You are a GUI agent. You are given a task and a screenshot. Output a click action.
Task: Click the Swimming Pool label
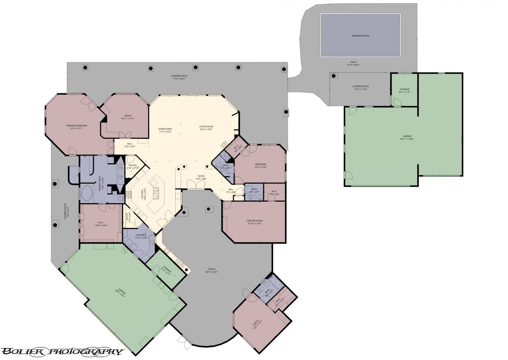pyautogui.click(x=360, y=36)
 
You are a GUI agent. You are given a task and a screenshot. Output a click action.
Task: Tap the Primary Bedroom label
pyautogui.click(x=77, y=126)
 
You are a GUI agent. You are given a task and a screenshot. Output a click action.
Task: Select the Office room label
pyautogui.click(x=128, y=116)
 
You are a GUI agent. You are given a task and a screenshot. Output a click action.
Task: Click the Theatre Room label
pyautogui.click(x=254, y=221)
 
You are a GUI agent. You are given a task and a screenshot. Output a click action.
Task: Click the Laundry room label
pyautogui.click(x=140, y=235)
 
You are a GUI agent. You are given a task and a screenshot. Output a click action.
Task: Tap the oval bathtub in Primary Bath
pyautogui.click(x=87, y=193)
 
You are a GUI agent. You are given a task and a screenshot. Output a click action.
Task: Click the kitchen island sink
pyautogui.click(x=156, y=193)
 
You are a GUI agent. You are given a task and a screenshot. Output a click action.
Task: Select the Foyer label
pyautogui.click(x=201, y=176)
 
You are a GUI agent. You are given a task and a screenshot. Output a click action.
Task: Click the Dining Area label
pyautogui.click(x=165, y=129)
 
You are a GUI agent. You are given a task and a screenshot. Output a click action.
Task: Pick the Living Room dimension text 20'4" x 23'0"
pyautogui.click(x=206, y=129)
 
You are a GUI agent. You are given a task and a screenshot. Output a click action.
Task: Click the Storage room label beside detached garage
pyautogui.click(x=404, y=89)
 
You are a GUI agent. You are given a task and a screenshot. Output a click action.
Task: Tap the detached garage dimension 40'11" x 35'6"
pyautogui.click(x=407, y=139)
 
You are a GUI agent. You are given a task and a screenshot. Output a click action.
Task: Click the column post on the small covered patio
pyautogui.click(x=334, y=76)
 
